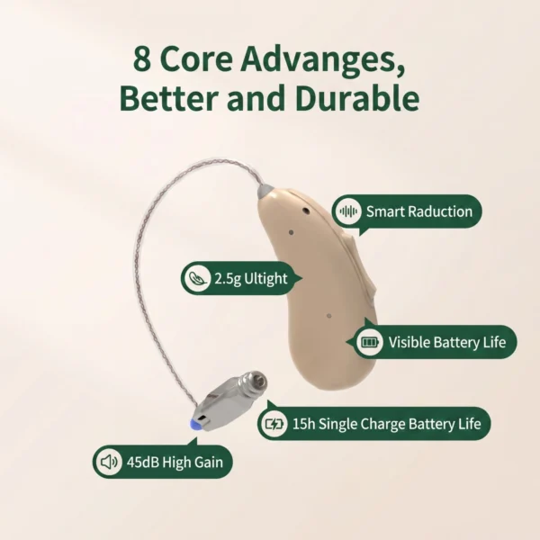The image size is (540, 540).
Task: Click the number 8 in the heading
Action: coord(142,58)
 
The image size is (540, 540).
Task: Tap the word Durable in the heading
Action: coord(357,97)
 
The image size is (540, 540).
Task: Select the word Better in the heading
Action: coord(170,97)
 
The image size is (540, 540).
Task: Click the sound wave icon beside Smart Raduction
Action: coord(348,211)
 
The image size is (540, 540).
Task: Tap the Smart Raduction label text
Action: coord(419,211)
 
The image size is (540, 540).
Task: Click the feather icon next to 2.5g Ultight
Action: coord(197,278)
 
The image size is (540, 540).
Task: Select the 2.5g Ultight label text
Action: coord(251,279)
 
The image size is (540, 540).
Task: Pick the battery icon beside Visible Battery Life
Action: coord(369,342)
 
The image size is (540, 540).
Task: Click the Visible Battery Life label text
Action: coord(447,342)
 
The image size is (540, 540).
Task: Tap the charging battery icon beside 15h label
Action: coord(274,424)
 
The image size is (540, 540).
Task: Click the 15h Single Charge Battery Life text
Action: coord(386,424)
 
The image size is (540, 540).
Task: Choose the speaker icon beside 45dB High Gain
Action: coord(109,462)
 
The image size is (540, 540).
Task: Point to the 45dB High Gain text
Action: coord(175,462)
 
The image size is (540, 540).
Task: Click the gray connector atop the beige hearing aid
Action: coord(266,192)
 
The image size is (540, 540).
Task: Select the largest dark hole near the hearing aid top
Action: coord(306,210)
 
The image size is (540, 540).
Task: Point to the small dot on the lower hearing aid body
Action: coord(328,316)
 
